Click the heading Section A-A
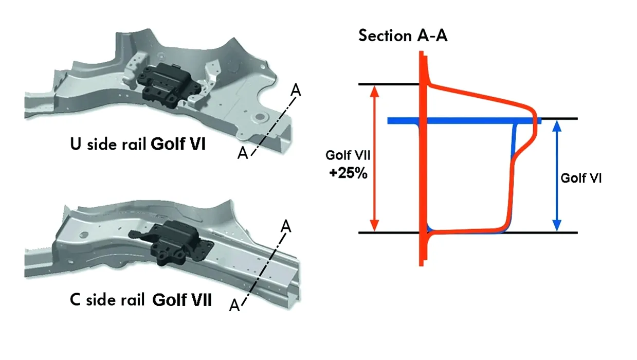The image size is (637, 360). coord(403,36)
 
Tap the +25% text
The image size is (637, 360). coord(348,173)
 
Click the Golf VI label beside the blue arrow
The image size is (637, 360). coord(580,178)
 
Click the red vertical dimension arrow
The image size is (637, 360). coord(375,158)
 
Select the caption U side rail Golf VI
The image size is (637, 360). coord(138,144)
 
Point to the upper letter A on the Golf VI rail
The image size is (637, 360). coord(296,89)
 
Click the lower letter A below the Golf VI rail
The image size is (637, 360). coord(243,153)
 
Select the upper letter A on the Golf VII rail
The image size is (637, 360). coord(286,225)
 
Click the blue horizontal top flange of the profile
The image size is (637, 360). coord(452,121)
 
